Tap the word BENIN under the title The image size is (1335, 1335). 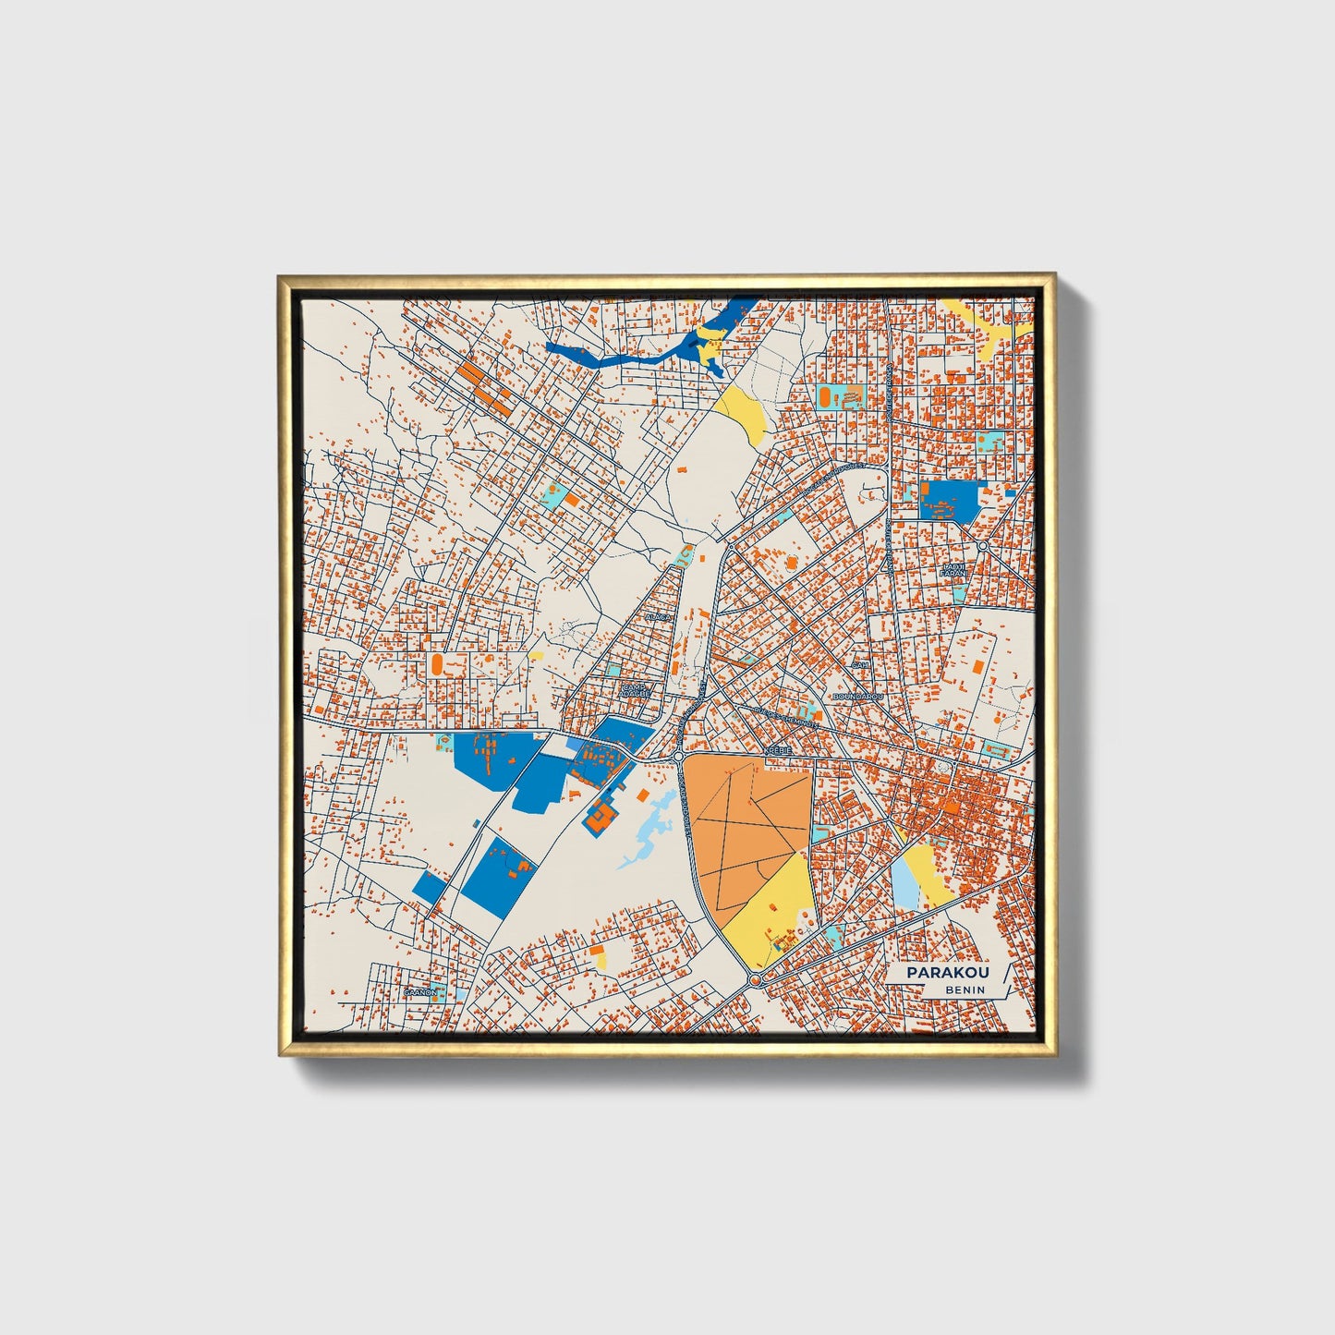pyautogui.click(x=965, y=989)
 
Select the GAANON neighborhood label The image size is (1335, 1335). pyautogui.click(x=419, y=992)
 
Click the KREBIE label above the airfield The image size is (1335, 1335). pyautogui.click(x=778, y=751)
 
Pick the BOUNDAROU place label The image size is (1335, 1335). pyautogui.click(x=858, y=696)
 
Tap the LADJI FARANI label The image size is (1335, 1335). pyautogui.click(x=953, y=570)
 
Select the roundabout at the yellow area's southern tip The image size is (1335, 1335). pyautogui.click(x=755, y=978)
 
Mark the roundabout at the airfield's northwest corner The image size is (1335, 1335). pyautogui.click(x=678, y=757)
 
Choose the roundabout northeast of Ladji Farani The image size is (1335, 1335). pyautogui.click(x=982, y=546)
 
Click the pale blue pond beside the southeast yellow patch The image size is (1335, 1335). pyautogui.click(x=904, y=882)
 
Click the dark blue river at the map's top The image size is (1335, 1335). pyautogui.click(x=610, y=353)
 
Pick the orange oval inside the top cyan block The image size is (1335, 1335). pyautogui.click(x=823, y=396)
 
